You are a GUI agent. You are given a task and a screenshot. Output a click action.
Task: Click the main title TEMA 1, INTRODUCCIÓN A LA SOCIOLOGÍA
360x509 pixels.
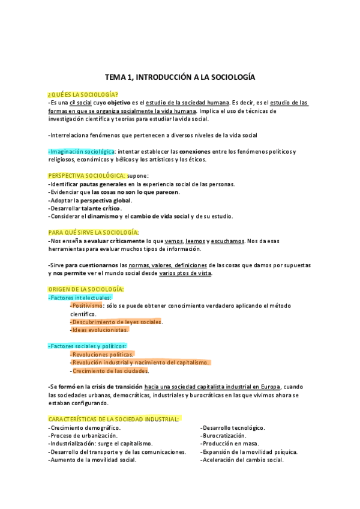[x=180, y=77]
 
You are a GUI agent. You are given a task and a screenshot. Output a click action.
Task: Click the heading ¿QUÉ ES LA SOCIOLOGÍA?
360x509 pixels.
[x=82, y=95]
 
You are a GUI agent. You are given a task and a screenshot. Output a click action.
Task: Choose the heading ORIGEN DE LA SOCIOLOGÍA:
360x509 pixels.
[x=86, y=289]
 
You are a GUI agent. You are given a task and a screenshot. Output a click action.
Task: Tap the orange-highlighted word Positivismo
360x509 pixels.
[x=86, y=306]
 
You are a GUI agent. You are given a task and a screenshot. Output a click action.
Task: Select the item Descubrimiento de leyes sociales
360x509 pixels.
[x=116, y=322]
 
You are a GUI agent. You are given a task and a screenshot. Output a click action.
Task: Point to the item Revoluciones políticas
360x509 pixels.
[x=102, y=354]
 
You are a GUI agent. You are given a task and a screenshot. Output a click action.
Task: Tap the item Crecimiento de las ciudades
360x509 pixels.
[x=110, y=370]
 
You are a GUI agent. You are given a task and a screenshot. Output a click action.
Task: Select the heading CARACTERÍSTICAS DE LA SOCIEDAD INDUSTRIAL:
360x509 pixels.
[x=113, y=419]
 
